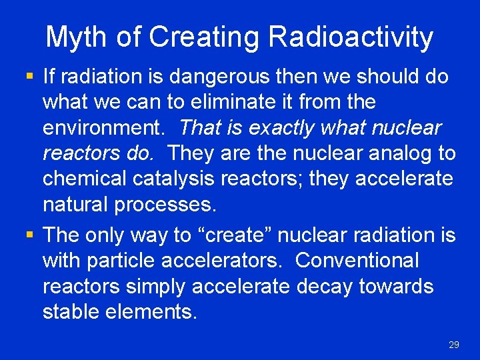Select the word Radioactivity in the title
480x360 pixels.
(351, 37)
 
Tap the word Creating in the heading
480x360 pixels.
(205, 37)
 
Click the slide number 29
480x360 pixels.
(454, 345)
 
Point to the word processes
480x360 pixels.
(165, 204)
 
